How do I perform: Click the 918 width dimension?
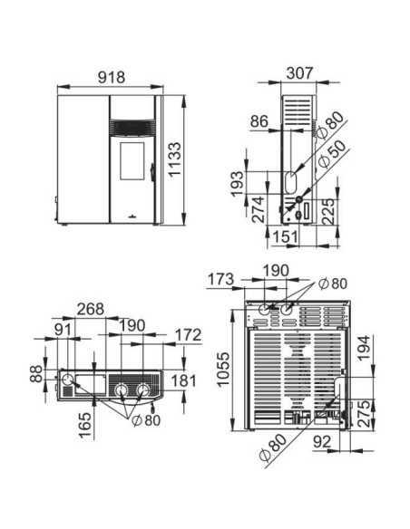click(112, 78)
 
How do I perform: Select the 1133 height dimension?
click(175, 159)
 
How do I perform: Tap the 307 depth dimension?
click(300, 73)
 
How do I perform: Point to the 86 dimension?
click(259, 121)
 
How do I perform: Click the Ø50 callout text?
click(333, 154)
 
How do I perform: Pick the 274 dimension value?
click(259, 209)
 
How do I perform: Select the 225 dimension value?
click(328, 212)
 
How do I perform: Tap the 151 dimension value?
click(286, 236)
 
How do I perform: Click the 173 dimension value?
click(220, 279)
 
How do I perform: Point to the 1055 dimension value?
click(223, 370)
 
